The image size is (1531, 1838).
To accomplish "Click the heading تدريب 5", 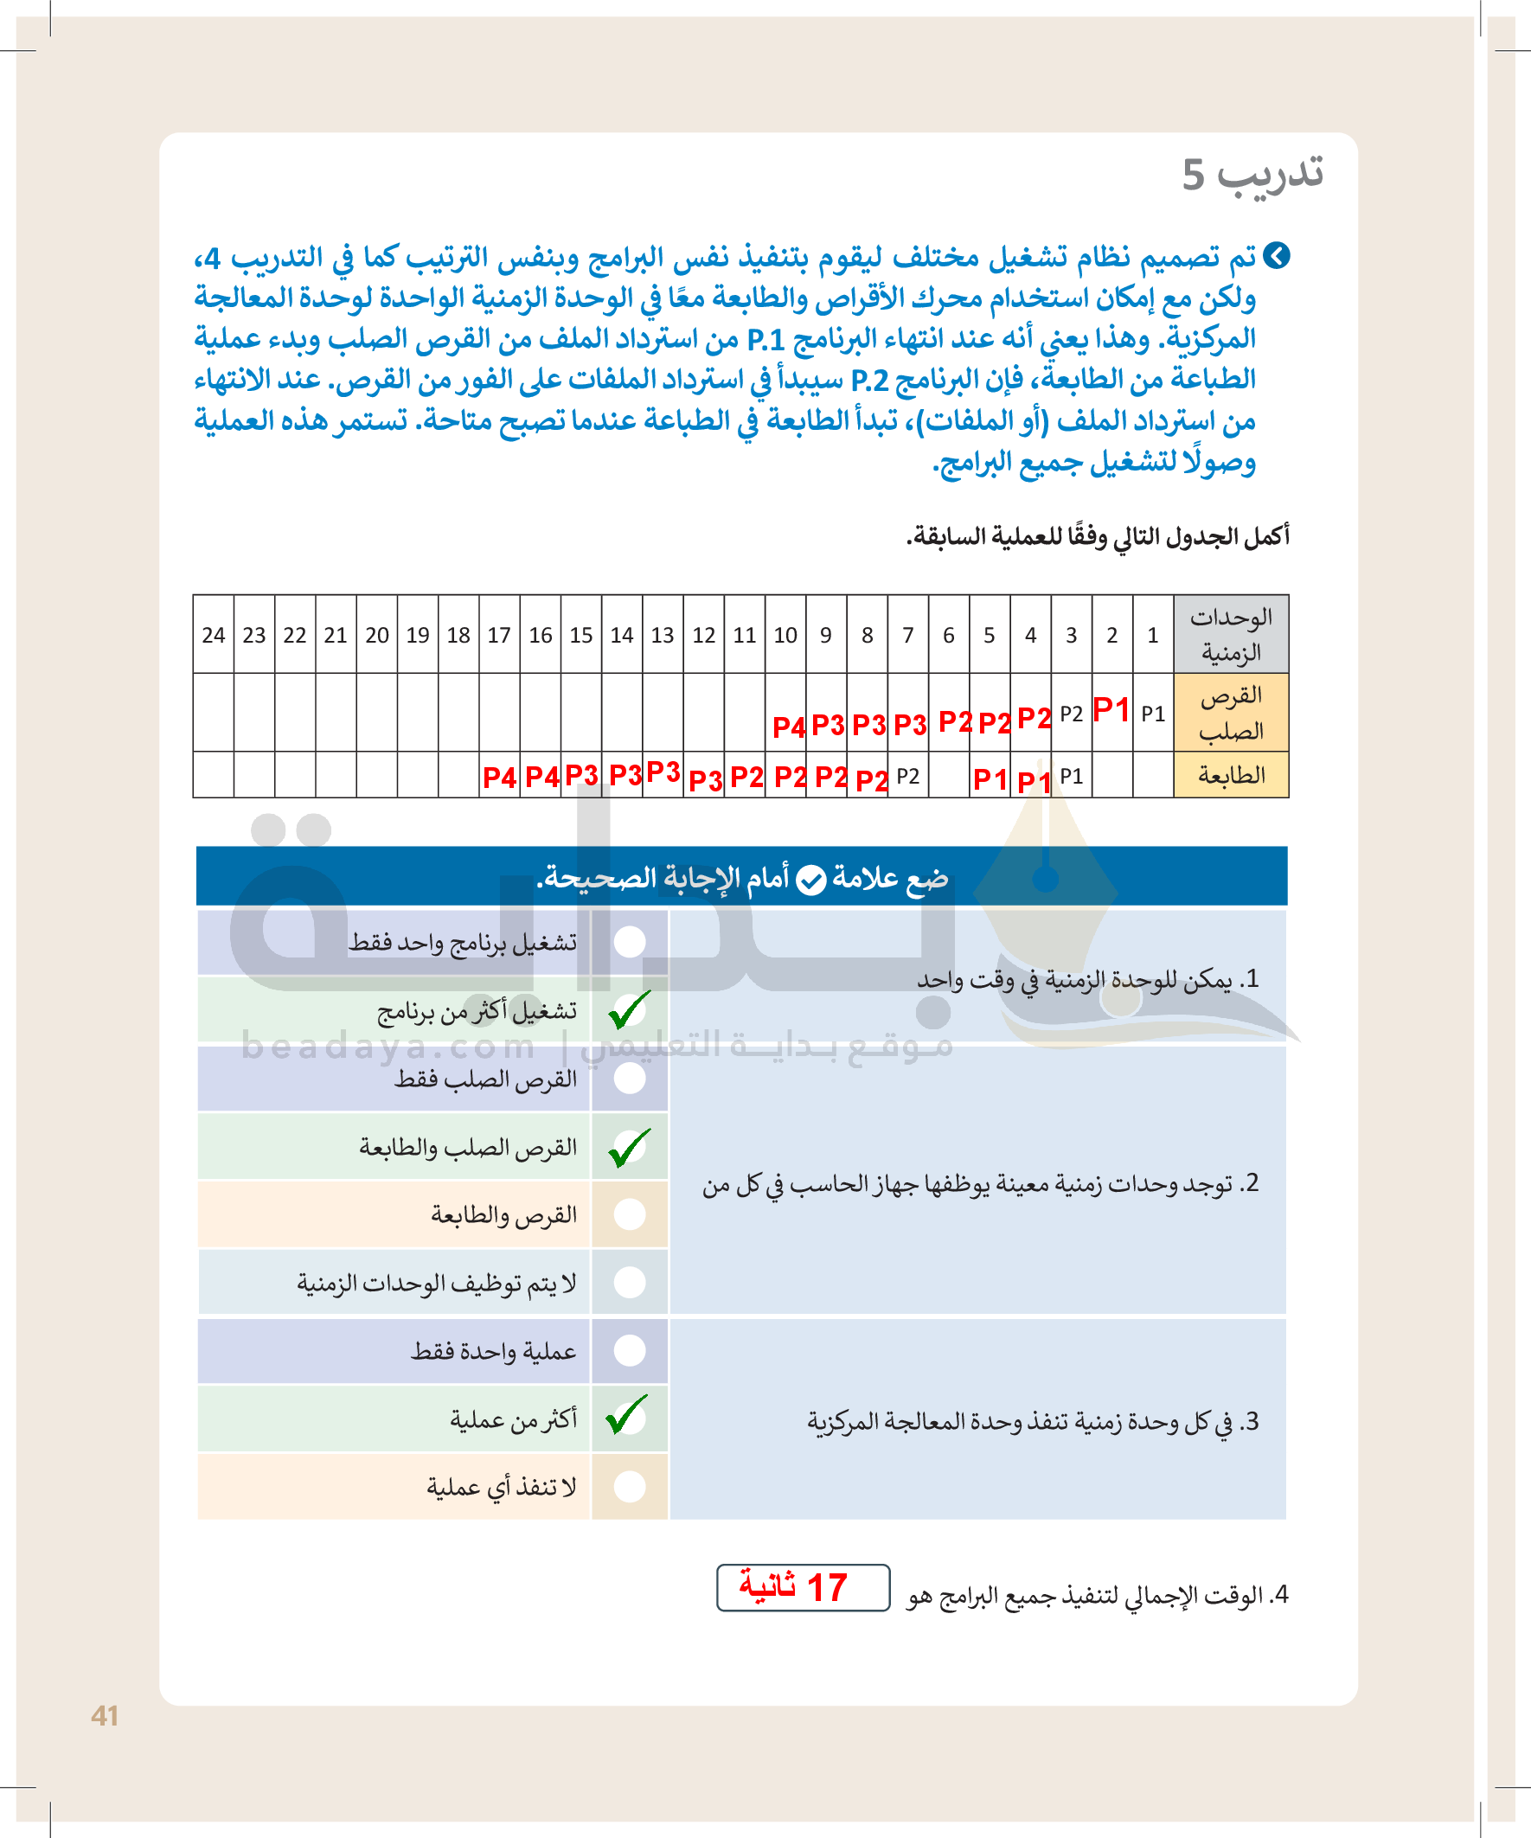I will tap(1252, 173).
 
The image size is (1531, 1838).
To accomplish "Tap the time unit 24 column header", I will tap(214, 635).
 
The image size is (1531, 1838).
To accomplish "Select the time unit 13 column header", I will tap(663, 635).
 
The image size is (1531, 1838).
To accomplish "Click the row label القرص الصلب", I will tap(1231, 713).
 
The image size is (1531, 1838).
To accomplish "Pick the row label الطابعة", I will tap(1231, 776).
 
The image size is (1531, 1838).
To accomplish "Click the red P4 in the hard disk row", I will tap(788, 727).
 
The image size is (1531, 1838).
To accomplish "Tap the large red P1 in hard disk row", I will tap(1111, 709).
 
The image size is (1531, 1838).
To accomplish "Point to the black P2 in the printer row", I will tap(907, 777).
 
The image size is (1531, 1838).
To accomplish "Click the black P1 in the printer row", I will tap(1071, 777).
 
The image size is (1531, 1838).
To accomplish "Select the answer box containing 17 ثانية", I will tap(803, 1588).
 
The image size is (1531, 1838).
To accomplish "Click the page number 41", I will tap(105, 1715).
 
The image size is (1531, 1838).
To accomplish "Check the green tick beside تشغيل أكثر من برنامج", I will tap(630, 1009).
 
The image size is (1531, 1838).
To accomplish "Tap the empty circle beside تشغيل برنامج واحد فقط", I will tap(630, 942).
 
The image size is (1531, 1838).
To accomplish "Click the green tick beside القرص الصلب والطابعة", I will tap(630, 1148).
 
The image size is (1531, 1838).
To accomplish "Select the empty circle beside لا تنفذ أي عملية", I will tap(630, 1486).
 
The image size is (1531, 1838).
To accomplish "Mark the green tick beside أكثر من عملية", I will tap(628, 1415).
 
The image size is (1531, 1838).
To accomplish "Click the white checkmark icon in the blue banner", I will tap(811, 879).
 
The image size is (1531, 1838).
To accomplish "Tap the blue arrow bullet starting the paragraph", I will tap(1278, 256).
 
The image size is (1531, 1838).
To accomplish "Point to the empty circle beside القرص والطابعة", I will tap(630, 1214).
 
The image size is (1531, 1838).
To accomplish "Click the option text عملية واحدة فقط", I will tap(494, 1351).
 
